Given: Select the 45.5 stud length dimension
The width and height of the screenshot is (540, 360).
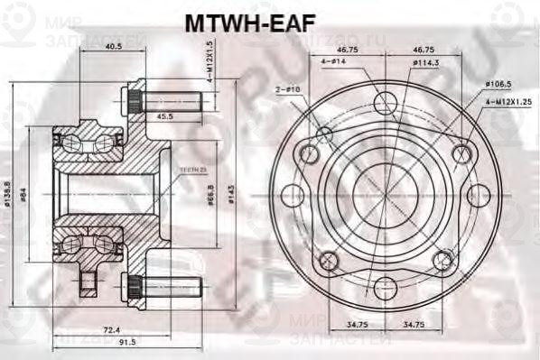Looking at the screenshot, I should tap(163, 116).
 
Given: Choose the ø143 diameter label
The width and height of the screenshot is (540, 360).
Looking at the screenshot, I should tap(232, 193).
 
